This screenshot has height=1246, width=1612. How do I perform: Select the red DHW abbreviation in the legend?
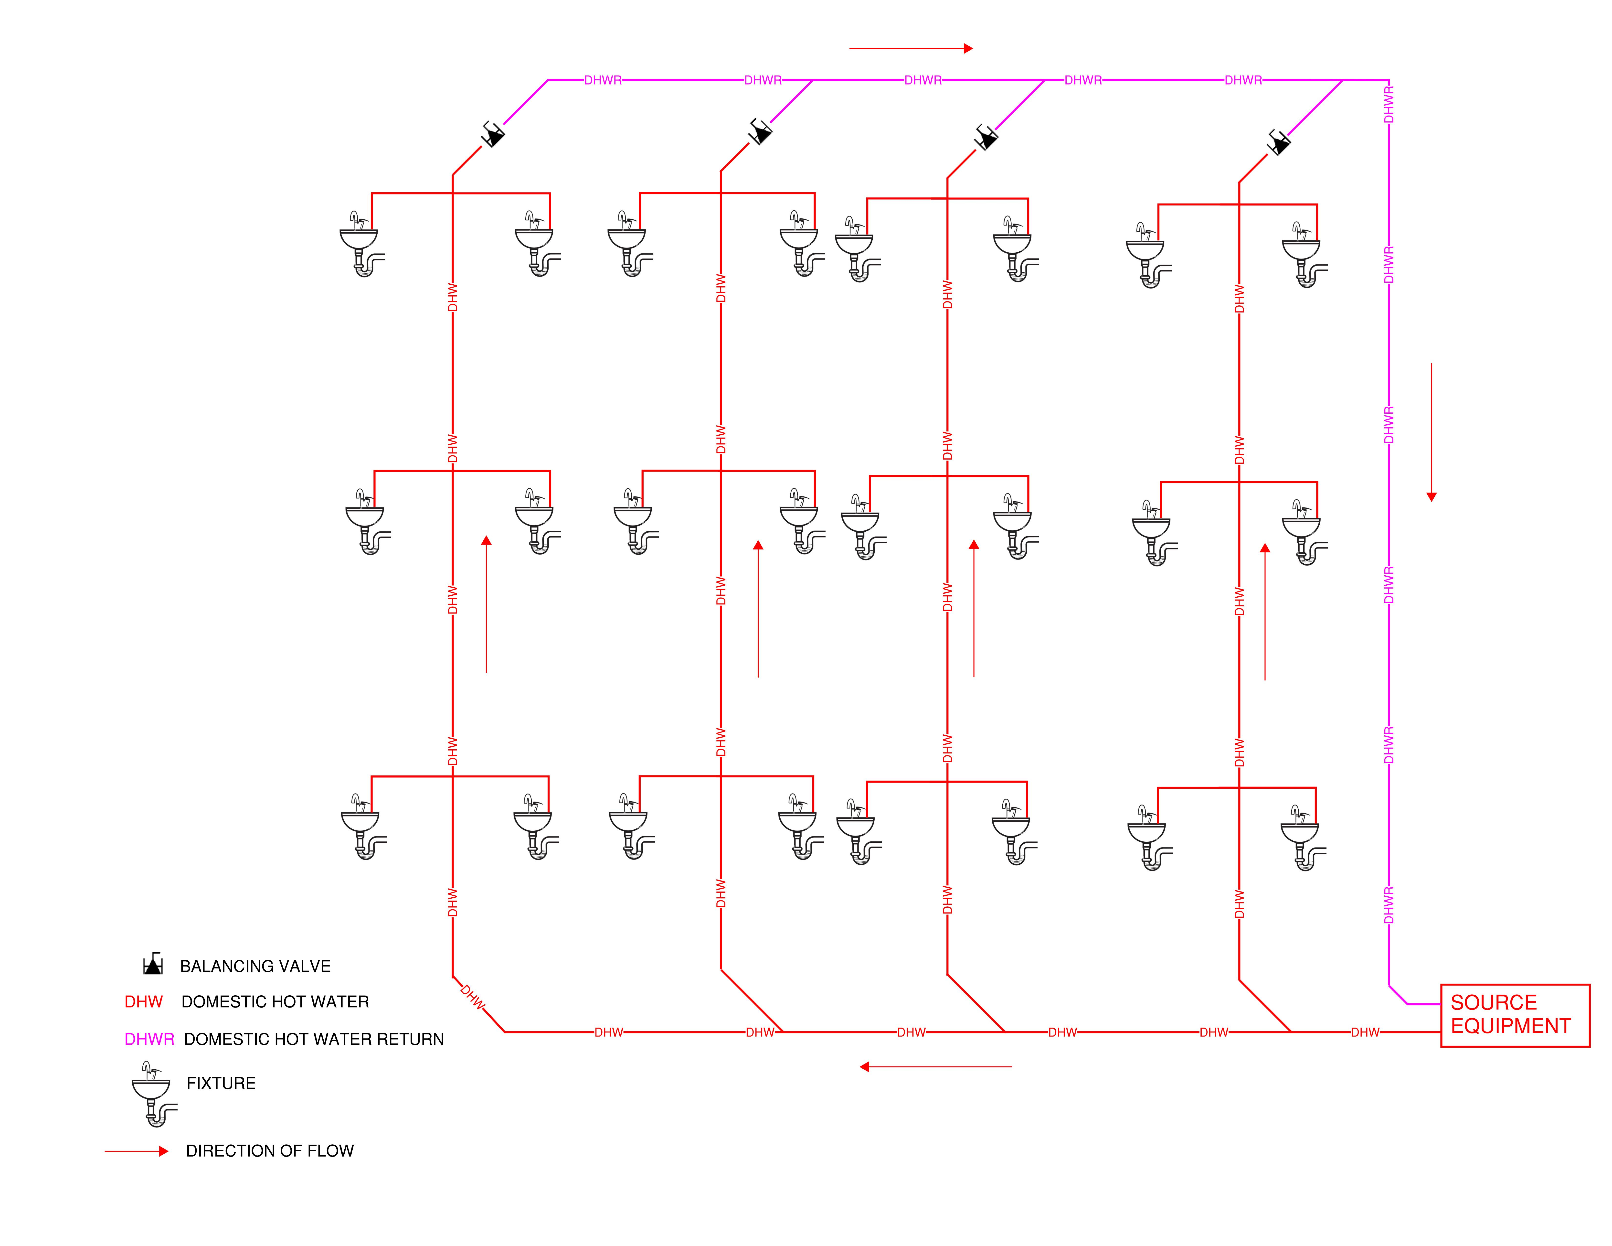coord(143,1002)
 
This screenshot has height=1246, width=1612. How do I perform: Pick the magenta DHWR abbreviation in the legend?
coord(149,1039)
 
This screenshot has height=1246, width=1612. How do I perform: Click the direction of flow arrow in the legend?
coord(137,1151)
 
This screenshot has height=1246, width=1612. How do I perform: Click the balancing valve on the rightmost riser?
coord(1279,142)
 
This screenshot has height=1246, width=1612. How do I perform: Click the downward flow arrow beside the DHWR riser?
coord(1431,432)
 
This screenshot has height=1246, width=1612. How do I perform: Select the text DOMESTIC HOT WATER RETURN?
coord(314,1039)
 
